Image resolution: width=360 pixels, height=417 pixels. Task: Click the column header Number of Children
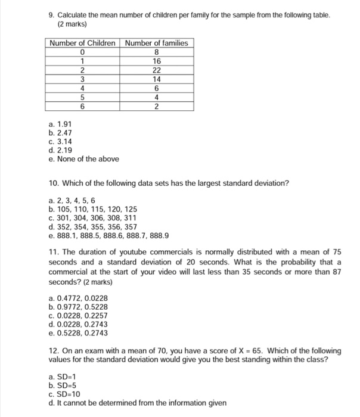pyautogui.click(x=83, y=43)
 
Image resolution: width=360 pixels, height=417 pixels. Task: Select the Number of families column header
pyautogui.click(x=157, y=43)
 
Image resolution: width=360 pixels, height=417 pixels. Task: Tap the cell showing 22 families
pyautogui.click(x=157, y=70)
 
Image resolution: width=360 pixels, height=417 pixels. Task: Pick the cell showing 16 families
pyautogui.click(x=157, y=61)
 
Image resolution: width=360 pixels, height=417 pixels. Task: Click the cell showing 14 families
pyautogui.click(x=157, y=79)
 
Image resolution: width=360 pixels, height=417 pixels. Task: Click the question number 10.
pyautogui.click(x=54, y=183)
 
